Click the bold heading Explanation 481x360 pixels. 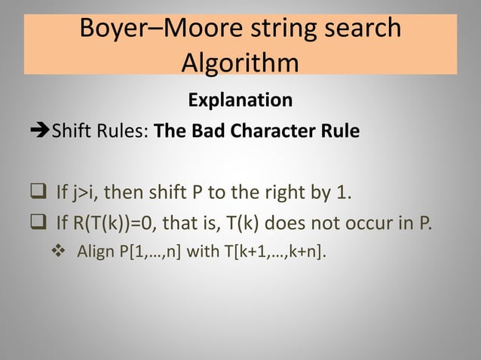[240, 99]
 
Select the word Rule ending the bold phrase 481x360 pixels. [340, 133]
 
